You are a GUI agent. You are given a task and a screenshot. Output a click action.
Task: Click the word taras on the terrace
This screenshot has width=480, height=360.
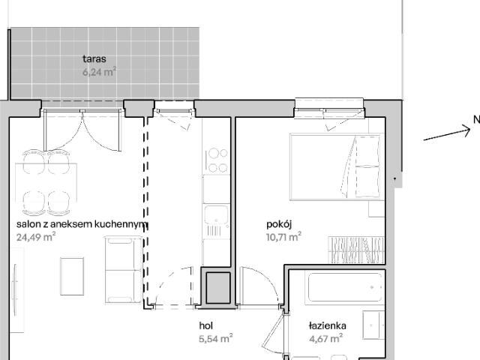pos(94,58)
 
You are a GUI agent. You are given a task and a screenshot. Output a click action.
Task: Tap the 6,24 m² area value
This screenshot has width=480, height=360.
pos(99,73)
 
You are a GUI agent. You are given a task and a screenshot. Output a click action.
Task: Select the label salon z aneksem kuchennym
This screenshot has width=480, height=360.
pos(82,224)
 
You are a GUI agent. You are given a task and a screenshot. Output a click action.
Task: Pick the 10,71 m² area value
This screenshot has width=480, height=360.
pos(283,237)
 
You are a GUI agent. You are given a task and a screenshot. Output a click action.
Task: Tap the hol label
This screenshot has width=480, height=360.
pos(206,325)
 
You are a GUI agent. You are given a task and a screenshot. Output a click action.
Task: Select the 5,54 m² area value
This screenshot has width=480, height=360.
pos(215,338)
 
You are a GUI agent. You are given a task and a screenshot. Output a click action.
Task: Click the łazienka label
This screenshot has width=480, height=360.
pos(327,325)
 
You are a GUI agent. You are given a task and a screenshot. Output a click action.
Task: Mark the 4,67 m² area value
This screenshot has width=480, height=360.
pos(326,338)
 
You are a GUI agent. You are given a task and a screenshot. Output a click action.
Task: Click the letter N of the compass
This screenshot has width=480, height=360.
pos(475,119)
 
